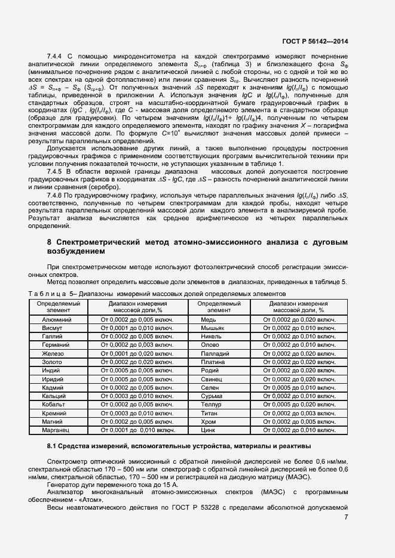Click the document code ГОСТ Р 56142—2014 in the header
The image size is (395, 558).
pyautogui.click(x=315, y=42)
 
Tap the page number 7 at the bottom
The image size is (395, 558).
pyautogui.click(x=346, y=517)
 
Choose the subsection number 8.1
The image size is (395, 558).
pyautogui.click(x=51, y=446)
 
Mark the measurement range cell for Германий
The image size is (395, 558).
pyautogui.click(x=138, y=345)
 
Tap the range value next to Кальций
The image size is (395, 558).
pyautogui.click(x=138, y=396)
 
